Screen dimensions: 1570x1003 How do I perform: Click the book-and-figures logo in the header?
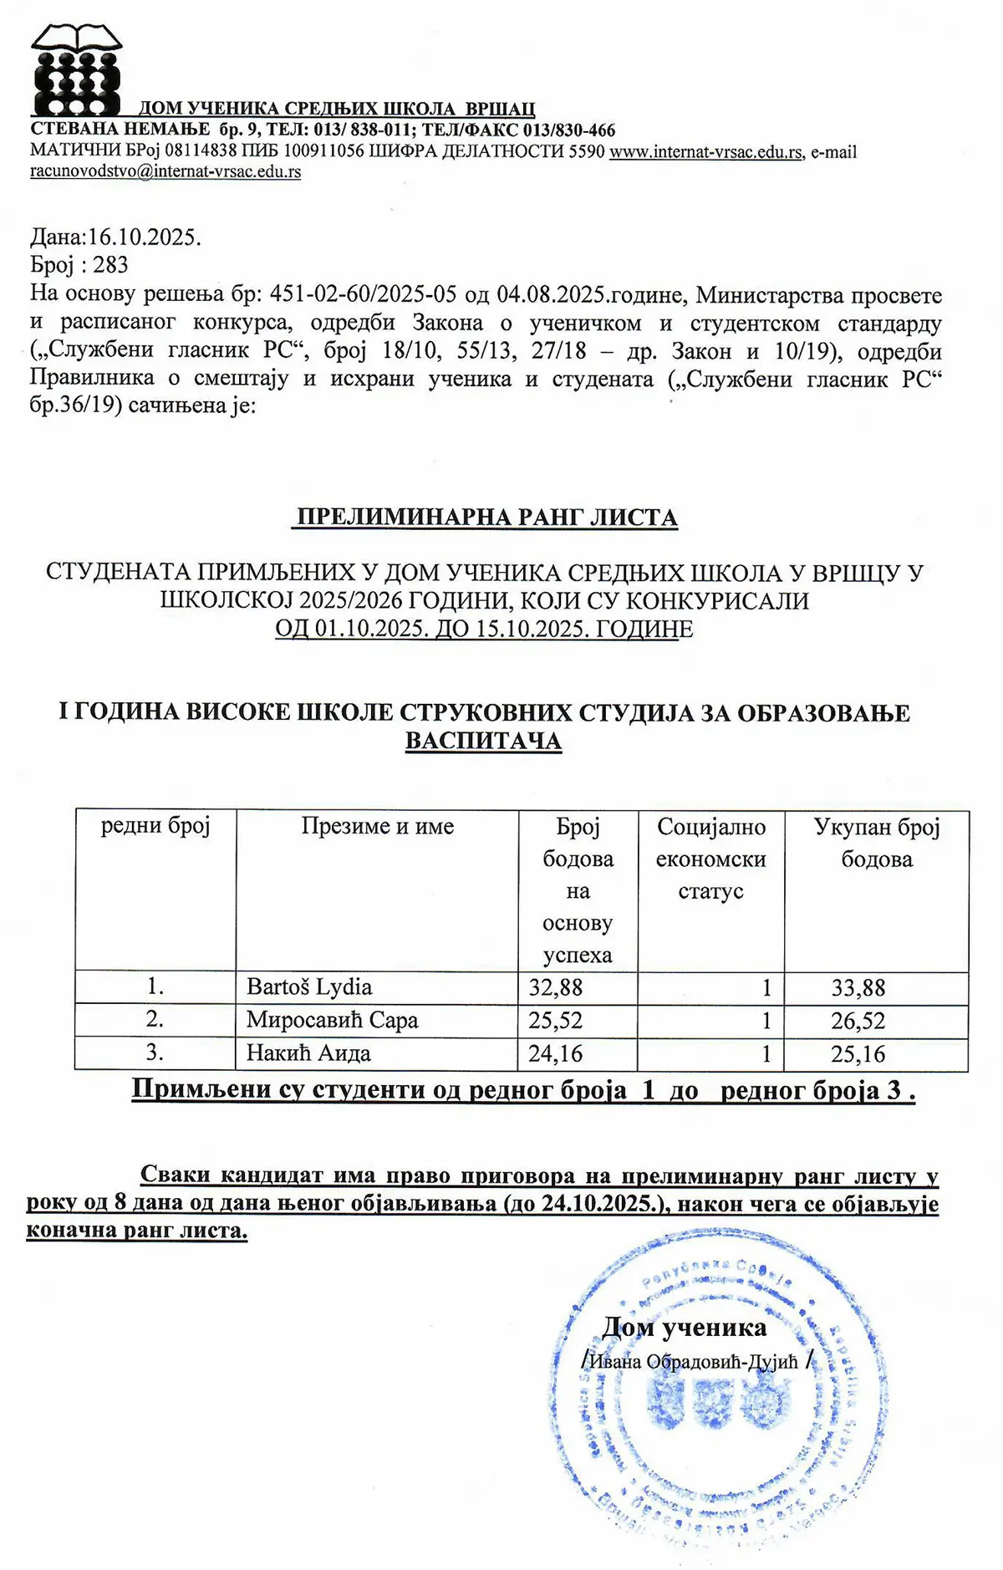[x=77, y=70]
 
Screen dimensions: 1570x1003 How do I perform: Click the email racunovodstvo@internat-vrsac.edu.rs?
[x=165, y=172]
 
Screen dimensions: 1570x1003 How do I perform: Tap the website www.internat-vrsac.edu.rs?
[x=706, y=152]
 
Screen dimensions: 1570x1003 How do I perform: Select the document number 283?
[x=110, y=265]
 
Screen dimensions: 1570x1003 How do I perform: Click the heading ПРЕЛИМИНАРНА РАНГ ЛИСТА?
[x=486, y=517]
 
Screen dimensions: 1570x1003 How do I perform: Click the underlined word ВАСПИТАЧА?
[x=483, y=741]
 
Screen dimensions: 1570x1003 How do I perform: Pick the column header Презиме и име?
[x=378, y=827]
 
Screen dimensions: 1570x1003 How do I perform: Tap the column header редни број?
[x=155, y=827]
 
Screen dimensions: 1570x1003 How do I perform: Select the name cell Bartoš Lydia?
[x=309, y=987]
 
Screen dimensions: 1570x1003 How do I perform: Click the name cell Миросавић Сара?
[x=332, y=1021]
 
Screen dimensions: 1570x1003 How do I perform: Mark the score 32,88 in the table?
[x=556, y=988]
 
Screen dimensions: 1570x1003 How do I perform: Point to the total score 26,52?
[x=858, y=1022]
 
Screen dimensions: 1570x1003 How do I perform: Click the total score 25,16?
[x=858, y=1054]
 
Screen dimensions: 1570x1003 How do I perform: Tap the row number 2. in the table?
[x=155, y=1020]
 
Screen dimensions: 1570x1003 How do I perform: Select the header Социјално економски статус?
[x=711, y=859]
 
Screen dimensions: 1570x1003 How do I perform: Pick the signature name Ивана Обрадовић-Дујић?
[x=695, y=1362]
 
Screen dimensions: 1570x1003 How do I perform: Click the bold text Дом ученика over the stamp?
[x=685, y=1328]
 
